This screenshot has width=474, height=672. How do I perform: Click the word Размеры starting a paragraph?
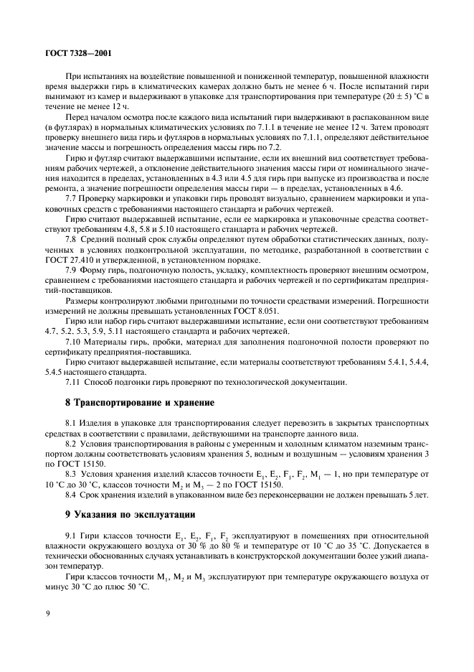82,302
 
